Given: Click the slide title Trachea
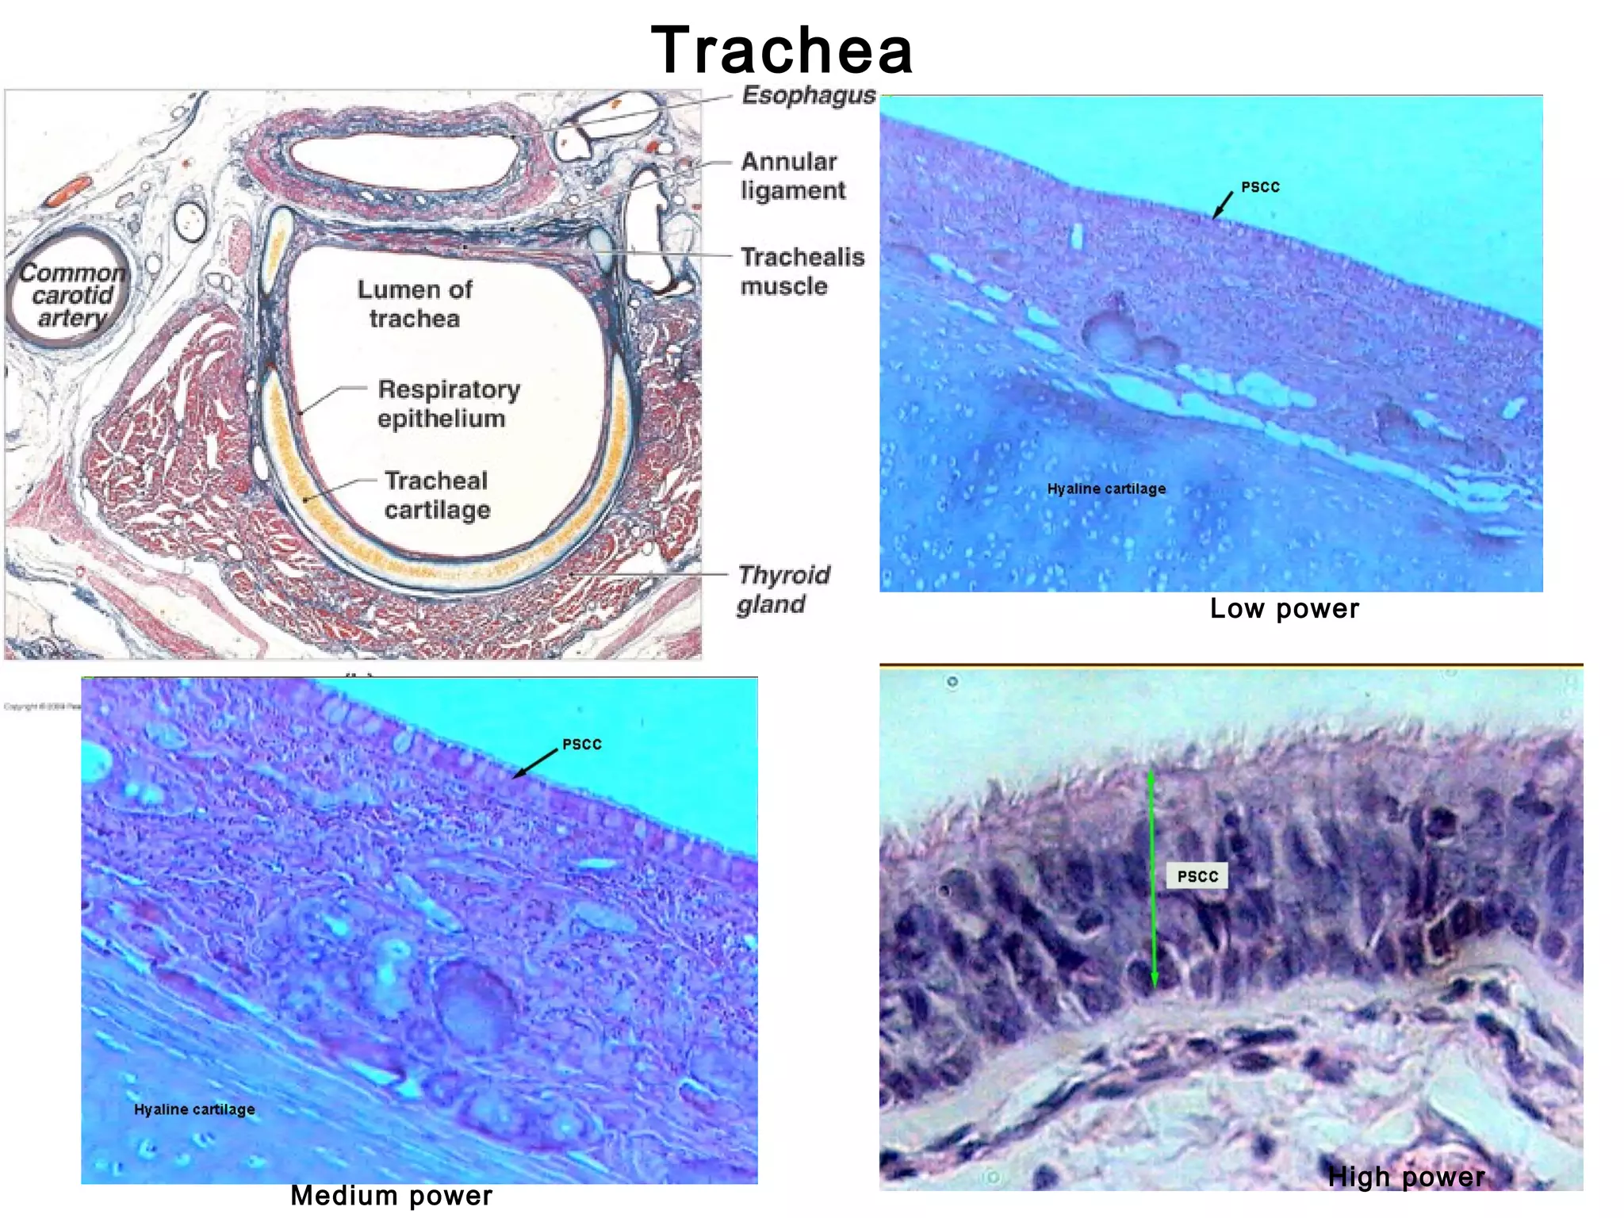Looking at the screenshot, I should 782,50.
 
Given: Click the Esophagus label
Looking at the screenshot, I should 808,95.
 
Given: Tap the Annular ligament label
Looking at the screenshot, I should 792,176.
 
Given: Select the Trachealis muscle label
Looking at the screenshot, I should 802,271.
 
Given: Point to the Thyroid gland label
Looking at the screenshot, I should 783,589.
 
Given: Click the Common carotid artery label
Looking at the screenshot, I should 71,295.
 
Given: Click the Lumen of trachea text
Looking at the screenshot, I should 415,304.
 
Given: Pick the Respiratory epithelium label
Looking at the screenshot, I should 448,404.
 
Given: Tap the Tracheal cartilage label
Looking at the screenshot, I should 437,495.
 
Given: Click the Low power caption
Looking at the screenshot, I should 1284,609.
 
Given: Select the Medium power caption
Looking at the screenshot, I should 391,1195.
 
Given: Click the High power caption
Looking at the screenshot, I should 1406,1177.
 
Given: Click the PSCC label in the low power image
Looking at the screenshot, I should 1260,187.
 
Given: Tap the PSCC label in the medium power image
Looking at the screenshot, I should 582,745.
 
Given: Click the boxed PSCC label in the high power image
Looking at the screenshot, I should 1197,876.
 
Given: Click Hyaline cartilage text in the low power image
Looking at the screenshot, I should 1106,489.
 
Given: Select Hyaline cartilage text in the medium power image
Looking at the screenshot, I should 194,1109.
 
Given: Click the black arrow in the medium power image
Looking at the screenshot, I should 535,763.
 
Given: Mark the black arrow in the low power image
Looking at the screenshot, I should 1223,204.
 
